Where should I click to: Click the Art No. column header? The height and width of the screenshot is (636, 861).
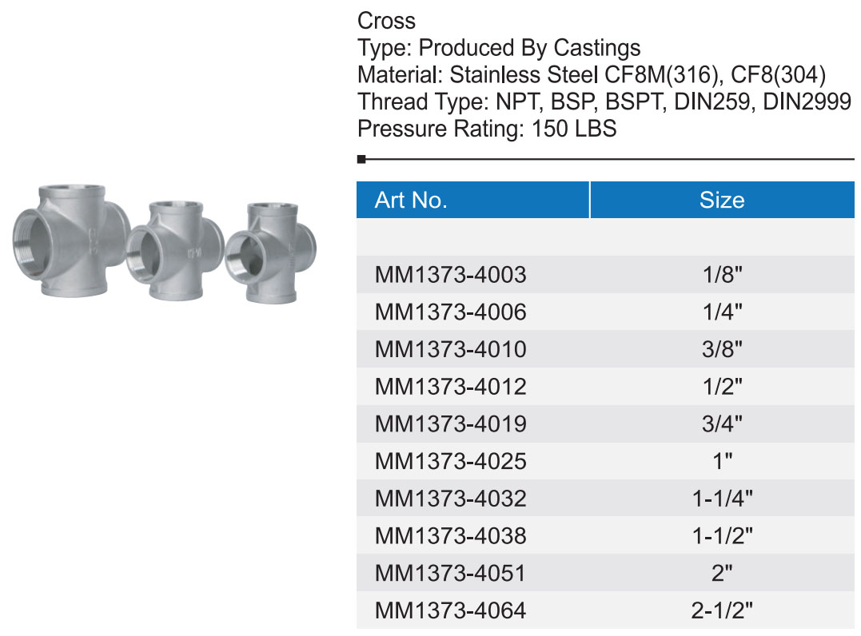(x=411, y=201)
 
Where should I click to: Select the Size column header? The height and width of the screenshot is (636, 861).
(x=722, y=201)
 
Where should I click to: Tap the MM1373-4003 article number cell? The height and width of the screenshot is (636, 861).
(x=450, y=274)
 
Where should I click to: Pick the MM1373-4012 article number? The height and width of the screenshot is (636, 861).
(x=450, y=387)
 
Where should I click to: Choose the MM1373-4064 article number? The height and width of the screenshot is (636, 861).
(x=450, y=610)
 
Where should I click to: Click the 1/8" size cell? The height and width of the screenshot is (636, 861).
(x=722, y=274)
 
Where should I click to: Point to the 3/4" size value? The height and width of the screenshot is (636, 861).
(x=722, y=423)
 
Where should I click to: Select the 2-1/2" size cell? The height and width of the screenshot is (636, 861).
(x=722, y=610)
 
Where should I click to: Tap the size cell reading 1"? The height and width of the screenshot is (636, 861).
(x=722, y=461)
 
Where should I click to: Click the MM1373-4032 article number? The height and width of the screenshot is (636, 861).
(x=450, y=499)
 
